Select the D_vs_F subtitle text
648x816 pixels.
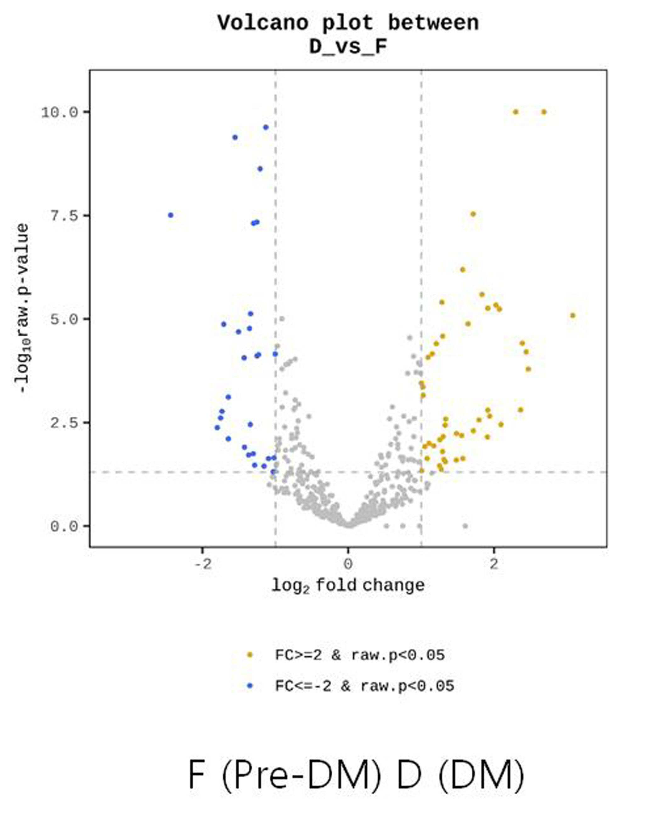click(x=348, y=47)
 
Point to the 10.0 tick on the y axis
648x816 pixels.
click(x=59, y=112)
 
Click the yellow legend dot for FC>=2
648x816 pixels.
click(x=250, y=655)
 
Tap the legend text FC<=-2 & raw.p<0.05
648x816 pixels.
click(x=365, y=686)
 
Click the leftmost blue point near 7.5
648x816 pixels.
click(x=171, y=215)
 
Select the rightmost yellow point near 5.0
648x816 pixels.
click(x=573, y=315)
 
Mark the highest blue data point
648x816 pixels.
click(x=266, y=127)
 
